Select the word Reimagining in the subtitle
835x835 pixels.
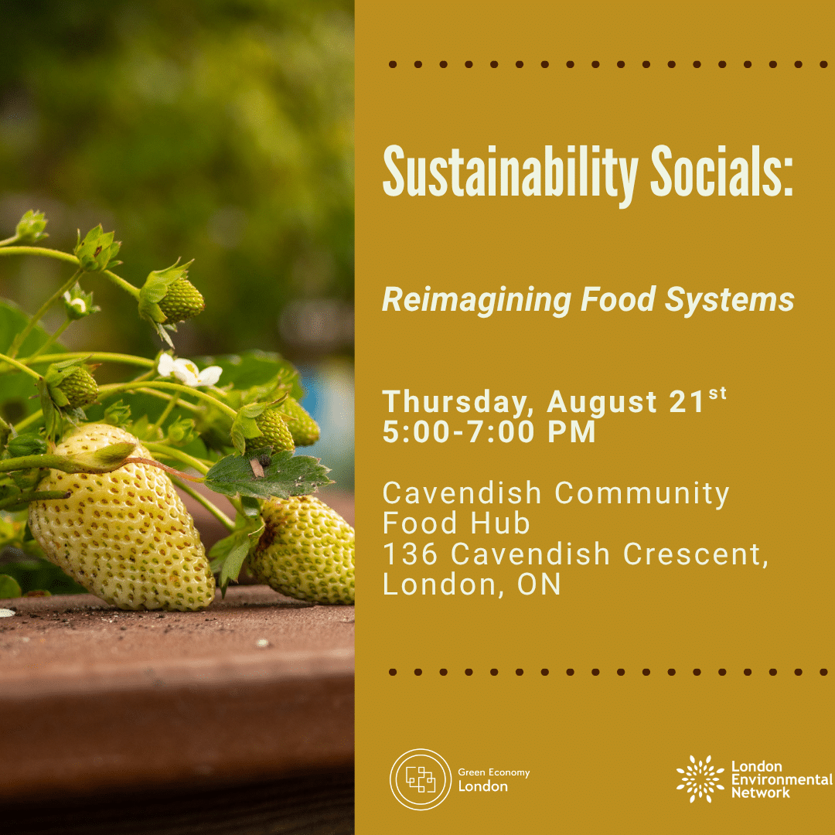pyautogui.click(x=476, y=301)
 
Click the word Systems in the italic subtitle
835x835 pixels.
pyautogui.click(x=730, y=301)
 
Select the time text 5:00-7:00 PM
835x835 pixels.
pyautogui.click(x=489, y=432)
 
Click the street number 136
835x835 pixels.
pyautogui.click(x=410, y=554)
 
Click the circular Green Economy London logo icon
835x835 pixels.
pyautogui.click(x=421, y=779)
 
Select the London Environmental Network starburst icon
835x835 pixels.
pyautogui.click(x=700, y=779)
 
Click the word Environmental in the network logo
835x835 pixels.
pyautogui.click(x=782, y=779)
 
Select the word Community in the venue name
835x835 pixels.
pyautogui.click(x=642, y=494)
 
